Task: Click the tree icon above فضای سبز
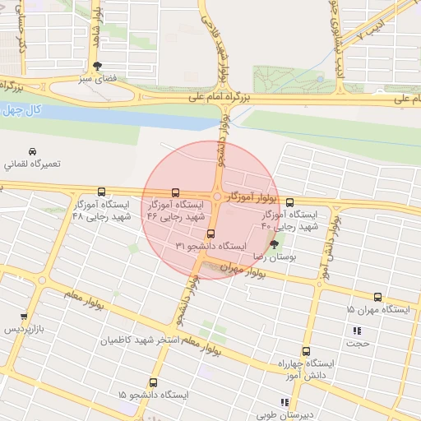point(99,66)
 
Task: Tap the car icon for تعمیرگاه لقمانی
point(31,152)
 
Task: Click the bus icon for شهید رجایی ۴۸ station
point(101,192)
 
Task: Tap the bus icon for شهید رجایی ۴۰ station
point(289,201)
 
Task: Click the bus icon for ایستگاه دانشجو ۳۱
point(210,233)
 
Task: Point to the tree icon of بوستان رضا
point(275,244)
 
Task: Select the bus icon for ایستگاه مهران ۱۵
point(377,297)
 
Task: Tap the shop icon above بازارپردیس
point(24,316)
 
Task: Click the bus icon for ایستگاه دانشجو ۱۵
point(153,382)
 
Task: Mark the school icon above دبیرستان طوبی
point(285,402)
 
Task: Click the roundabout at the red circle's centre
point(216,197)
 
